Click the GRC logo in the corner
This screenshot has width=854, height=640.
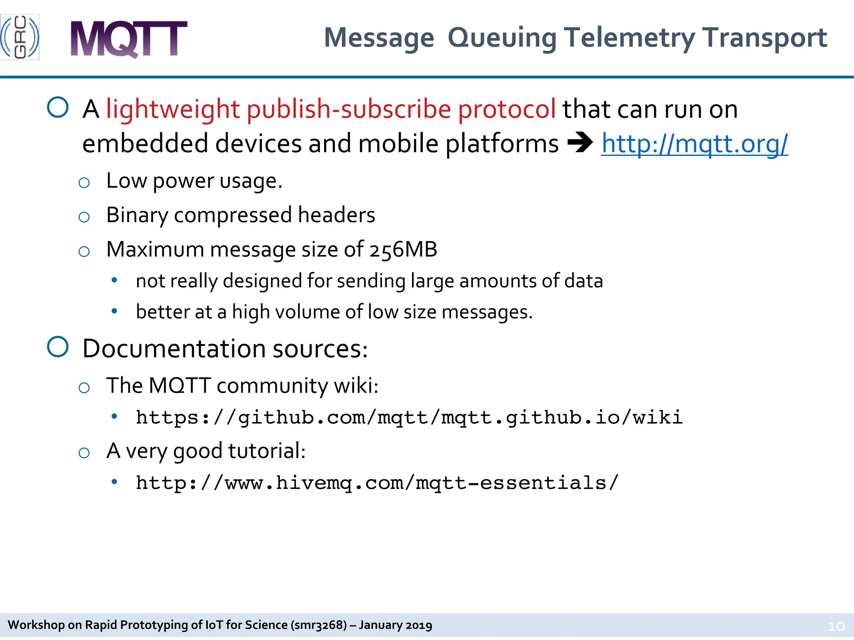click(20, 37)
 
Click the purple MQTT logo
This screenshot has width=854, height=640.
click(128, 39)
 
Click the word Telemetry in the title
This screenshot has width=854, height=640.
click(630, 37)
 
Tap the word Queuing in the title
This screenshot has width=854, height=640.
click(502, 38)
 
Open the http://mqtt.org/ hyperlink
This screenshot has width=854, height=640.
click(694, 144)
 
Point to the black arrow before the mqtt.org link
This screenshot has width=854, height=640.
click(580, 143)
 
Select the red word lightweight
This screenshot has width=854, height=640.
click(173, 110)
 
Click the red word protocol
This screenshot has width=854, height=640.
click(507, 110)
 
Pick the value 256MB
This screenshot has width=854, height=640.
click(403, 250)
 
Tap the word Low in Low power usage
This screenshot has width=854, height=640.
click(126, 181)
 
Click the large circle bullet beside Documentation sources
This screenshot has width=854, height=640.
click(58, 347)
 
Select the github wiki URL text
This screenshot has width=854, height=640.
click(409, 417)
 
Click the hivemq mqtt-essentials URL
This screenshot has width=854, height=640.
click(377, 483)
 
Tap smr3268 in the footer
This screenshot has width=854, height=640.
click(319, 625)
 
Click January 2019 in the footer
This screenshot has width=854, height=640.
click(395, 625)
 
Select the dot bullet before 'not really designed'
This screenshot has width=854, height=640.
click(114, 280)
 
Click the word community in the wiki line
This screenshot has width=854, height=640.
click(272, 386)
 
